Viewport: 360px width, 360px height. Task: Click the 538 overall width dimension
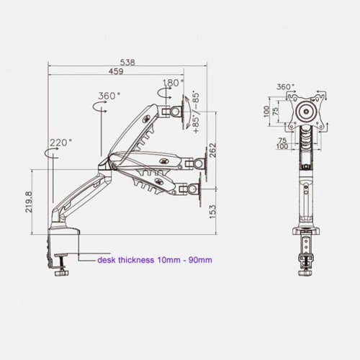(x=127, y=63)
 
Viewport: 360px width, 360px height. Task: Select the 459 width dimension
(x=116, y=71)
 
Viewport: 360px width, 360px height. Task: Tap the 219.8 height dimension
(x=29, y=202)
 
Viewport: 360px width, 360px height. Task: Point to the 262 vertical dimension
(x=212, y=150)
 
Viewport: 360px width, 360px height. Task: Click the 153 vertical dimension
(x=212, y=212)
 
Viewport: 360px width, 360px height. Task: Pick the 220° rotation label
(x=60, y=143)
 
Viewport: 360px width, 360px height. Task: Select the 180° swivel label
(x=174, y=83)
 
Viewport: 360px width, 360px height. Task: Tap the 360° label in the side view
(x=109, y=96)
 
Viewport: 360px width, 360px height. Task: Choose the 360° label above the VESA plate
(x=285, y=86)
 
